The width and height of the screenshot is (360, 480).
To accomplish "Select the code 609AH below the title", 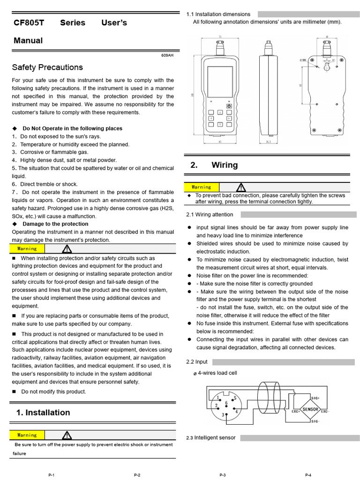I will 167,55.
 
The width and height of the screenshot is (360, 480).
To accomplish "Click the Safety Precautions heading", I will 47,67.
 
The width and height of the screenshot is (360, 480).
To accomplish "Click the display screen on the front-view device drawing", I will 220,81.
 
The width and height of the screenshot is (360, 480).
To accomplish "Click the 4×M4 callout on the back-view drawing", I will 304,60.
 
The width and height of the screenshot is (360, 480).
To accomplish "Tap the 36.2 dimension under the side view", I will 269,141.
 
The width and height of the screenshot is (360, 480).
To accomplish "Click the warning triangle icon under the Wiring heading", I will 240,187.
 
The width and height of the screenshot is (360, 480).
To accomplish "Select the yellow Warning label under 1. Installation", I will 27,435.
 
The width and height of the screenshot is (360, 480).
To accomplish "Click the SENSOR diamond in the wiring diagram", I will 310,409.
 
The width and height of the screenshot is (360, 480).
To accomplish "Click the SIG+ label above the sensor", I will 315,397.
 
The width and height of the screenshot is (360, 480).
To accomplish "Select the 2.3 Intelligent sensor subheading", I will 211,438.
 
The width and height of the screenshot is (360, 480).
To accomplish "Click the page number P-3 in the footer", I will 223,475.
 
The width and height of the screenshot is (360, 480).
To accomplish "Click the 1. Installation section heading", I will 43,412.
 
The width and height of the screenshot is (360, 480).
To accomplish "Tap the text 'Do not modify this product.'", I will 54,392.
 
